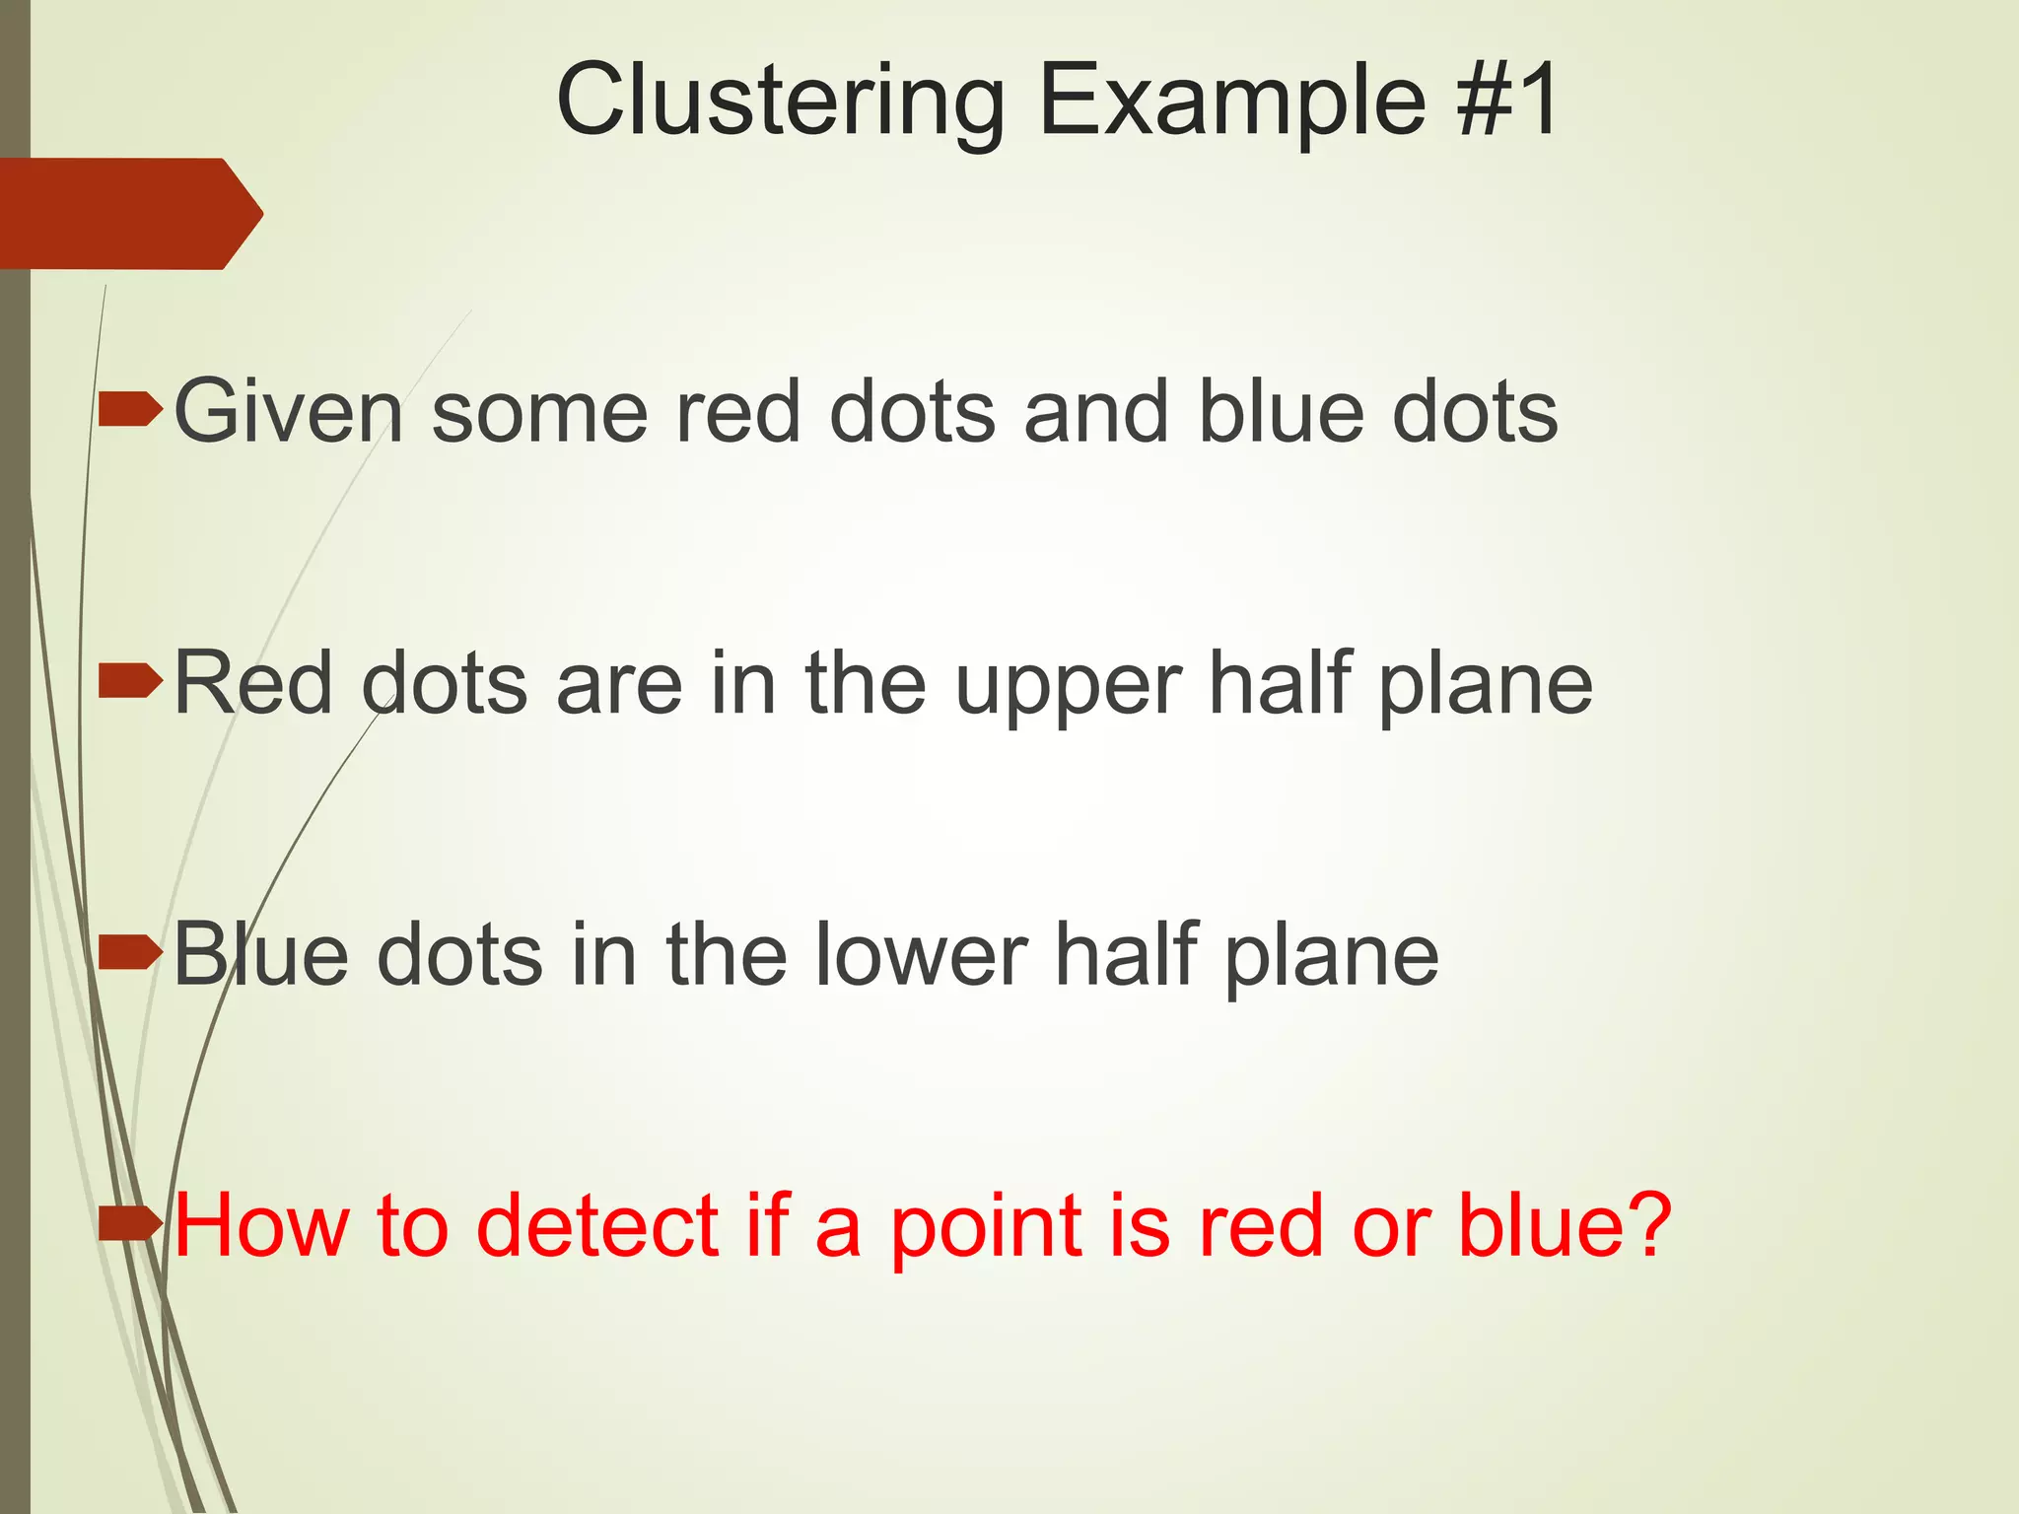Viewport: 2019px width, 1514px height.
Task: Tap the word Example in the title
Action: coord(1232,101)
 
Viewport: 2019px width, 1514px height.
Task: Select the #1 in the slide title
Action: coord(1507,101)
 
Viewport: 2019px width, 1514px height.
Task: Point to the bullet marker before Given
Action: coord(130,409)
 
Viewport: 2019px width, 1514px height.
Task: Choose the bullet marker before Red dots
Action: coord(130,681)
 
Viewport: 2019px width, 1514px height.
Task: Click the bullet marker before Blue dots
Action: coord(130,952)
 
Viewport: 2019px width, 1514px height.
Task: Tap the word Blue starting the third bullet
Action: coord(261,954)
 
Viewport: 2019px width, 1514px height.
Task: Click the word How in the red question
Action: coord(261,1225)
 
